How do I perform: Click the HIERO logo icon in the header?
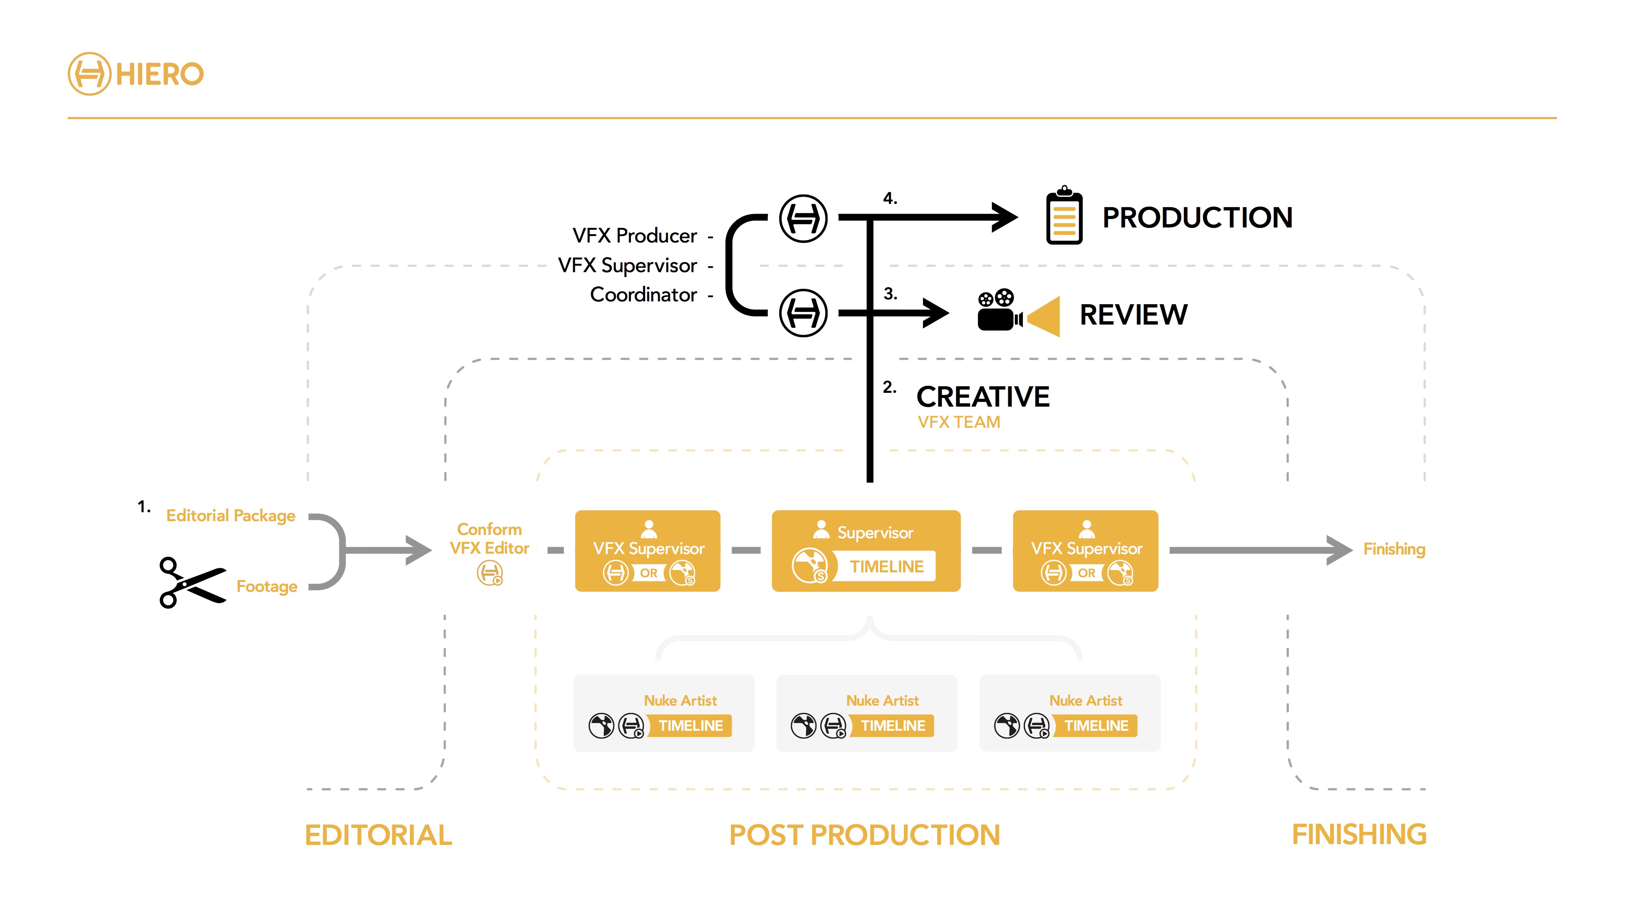[89, 74]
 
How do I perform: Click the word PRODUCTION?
[1197, 218]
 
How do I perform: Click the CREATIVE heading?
[982, 397]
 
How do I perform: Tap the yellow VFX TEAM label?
[958, 422]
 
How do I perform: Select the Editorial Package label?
[230, 515]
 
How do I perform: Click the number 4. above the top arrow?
[889, 198]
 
